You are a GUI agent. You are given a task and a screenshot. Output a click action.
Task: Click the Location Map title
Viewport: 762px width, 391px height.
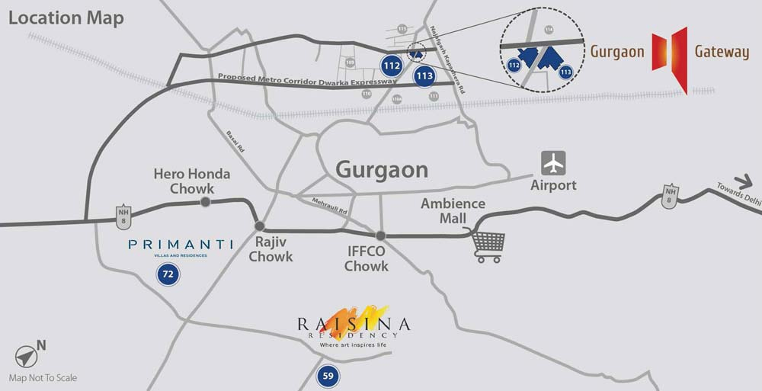pyautogui.click(x=66, y=19)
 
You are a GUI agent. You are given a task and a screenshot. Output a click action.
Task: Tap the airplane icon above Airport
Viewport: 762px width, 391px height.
pyautogui.click(x=554, y=163)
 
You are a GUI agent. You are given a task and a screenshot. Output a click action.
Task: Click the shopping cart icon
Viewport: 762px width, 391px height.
pyautogui.click(x=488, y=245)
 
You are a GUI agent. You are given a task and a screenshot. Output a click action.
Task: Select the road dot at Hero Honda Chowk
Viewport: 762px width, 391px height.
pyautogui.click(x=205, y=202)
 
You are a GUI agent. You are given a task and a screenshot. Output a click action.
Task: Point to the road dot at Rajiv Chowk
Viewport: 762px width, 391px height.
pyautogui.click(x=260, y=226)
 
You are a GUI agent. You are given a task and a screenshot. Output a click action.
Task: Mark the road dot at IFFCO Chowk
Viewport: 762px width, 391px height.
pyautogui.click(x=380, y=236)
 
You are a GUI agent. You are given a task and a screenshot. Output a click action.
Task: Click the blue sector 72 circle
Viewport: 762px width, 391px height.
pyautogui.click(x=168, y=274)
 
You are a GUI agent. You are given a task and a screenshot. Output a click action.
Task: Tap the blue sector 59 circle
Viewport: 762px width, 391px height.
pyautogui.click(x=328, y=375)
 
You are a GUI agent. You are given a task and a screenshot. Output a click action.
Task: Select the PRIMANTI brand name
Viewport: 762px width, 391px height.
pyautogui.click(x=181, y=244)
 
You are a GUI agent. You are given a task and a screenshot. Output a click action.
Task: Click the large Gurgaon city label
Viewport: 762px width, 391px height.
pyautogui.click(x=382, y=169)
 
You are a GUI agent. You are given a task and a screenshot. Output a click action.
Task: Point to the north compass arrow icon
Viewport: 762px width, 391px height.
pyautogui.click(x=25, y=357)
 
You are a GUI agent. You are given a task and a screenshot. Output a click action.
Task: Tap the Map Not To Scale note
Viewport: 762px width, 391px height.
pyautogui.click(x=43, y=377)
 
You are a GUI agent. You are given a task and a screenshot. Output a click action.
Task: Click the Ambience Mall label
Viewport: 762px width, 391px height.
pyautogui.click(x=453, y=211)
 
